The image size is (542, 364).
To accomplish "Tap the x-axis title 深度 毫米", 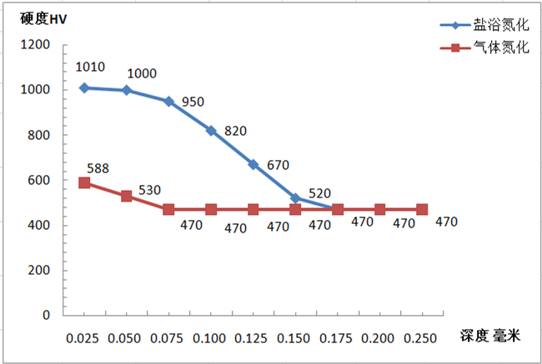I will click(489, 337).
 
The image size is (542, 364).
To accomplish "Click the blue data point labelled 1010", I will click(84, 87).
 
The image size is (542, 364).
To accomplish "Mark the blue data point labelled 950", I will click(168, 102).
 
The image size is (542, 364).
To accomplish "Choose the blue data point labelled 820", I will click(211, 131).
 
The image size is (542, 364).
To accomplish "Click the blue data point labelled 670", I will click(253, 164).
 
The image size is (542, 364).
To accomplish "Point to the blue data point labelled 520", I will click(295, 198).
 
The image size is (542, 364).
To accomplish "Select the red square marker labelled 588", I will click(84, 182).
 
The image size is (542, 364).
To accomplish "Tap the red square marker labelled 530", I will click(127, 196).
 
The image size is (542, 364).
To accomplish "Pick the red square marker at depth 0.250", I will click(422, 210).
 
